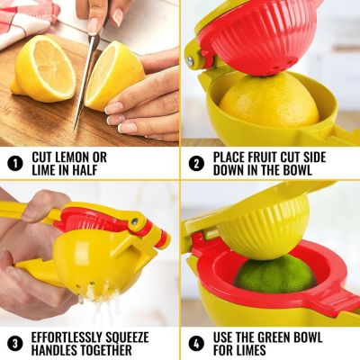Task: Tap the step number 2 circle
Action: tap(195, 164)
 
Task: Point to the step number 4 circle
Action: tap(195, 342)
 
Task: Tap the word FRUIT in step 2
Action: tap(271, 157)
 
